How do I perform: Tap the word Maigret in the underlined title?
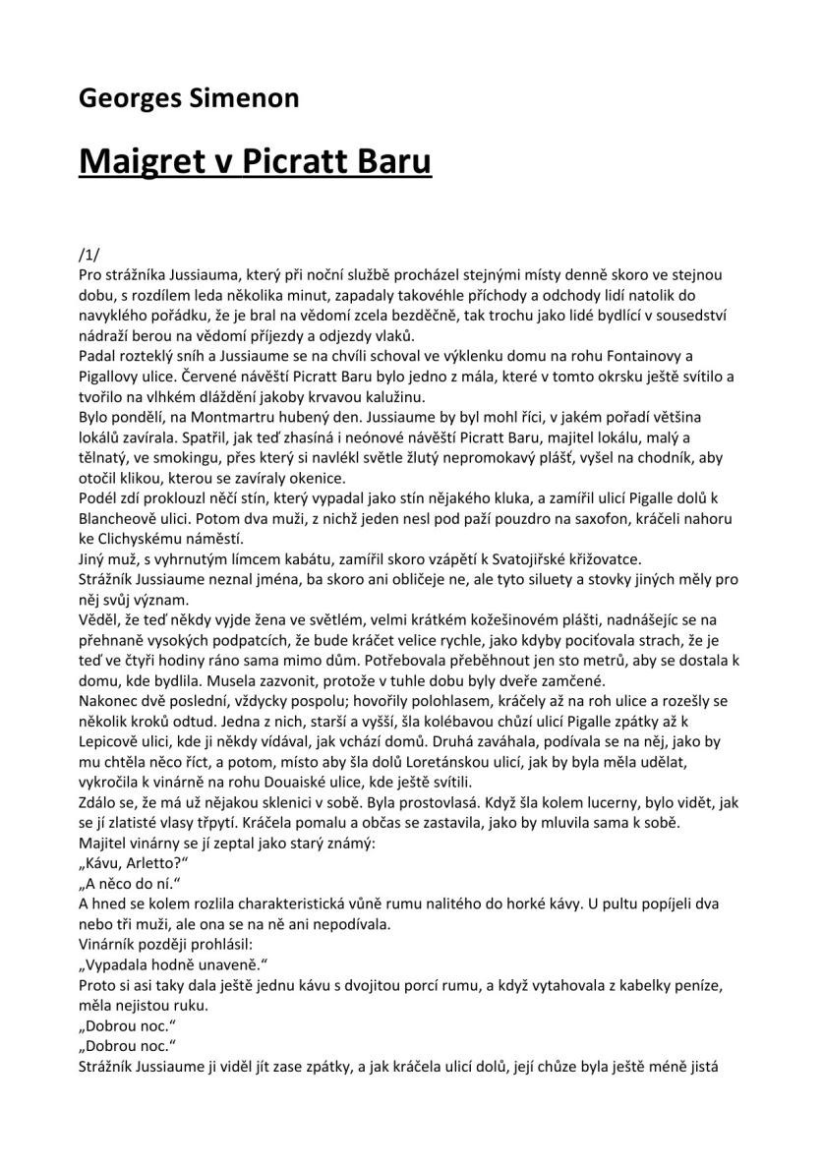[x=146, y=160]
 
